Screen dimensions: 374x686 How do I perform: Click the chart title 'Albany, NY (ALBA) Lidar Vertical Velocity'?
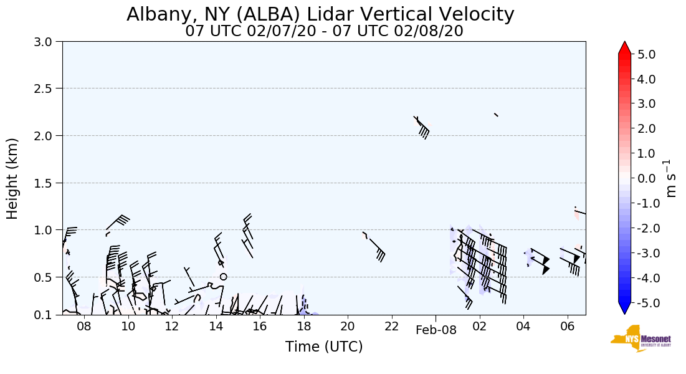(x=320, y=14)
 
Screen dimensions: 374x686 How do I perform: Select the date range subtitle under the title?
(x=324, y=31)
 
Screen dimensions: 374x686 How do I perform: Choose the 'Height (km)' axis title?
(x=12, y=178)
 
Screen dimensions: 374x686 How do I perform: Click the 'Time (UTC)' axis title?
(x=324, y=347)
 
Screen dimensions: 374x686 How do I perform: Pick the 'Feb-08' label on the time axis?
(x=436, y=330)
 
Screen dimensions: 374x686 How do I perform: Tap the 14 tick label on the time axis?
(x=216, y=326)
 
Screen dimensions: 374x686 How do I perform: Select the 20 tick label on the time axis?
(x=348, y=326)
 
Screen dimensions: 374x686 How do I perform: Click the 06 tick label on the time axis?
(x=567, y=326)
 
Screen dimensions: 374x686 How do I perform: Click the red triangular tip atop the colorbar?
(x=625, y=48)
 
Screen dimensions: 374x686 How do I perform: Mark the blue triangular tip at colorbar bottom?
(x=625, y=309)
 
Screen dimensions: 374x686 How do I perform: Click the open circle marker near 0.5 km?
(x=223, y=276)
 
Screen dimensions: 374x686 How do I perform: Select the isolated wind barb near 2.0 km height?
(x=422, y=127)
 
